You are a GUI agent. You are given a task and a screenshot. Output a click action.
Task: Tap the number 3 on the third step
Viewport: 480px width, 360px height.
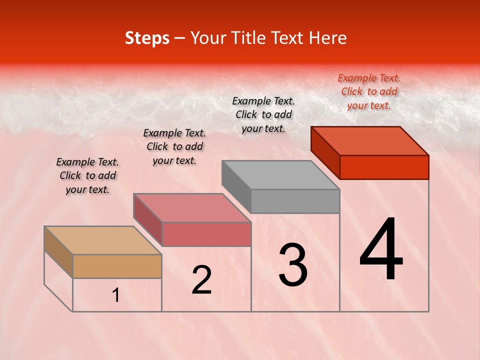pos(292,265)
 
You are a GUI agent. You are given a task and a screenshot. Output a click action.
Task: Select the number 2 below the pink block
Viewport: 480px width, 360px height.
pos(201,280)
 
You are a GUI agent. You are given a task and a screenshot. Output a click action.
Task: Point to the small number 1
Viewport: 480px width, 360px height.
pos(115,295)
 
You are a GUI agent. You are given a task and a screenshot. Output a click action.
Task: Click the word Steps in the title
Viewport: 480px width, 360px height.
pos(147,38)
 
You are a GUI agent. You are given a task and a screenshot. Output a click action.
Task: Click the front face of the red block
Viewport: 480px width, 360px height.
pos(384,167)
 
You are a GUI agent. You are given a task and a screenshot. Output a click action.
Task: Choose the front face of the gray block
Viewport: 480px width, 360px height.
pos(295,201)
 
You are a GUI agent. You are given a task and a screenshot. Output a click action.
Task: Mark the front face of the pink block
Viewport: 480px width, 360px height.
pos(206,234)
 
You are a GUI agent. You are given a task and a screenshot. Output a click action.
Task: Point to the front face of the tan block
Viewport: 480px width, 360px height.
pos(117,266)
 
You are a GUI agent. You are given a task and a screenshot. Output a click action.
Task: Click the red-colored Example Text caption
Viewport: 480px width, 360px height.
pos(369,91)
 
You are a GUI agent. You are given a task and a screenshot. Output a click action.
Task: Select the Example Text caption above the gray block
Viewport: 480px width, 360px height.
pos(263,114)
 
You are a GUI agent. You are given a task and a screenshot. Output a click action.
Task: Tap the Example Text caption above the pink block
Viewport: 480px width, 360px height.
pos(174,146)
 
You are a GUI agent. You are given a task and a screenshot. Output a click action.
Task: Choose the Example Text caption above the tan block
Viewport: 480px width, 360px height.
pos(87,175)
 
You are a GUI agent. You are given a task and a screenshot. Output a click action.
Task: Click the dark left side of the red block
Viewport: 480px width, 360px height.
pos(325,152)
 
